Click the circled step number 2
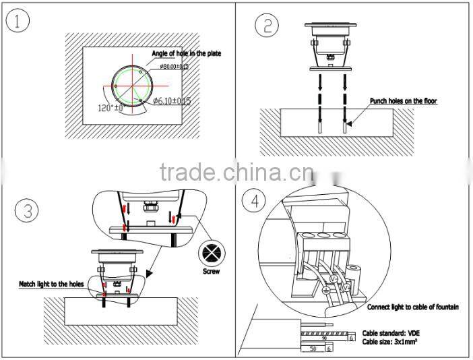click(267, 26)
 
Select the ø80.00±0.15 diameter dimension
click(175, 66)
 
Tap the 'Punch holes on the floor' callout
click(403, 101)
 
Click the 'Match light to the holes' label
click(51, 284)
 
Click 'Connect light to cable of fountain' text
click(413, 307)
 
